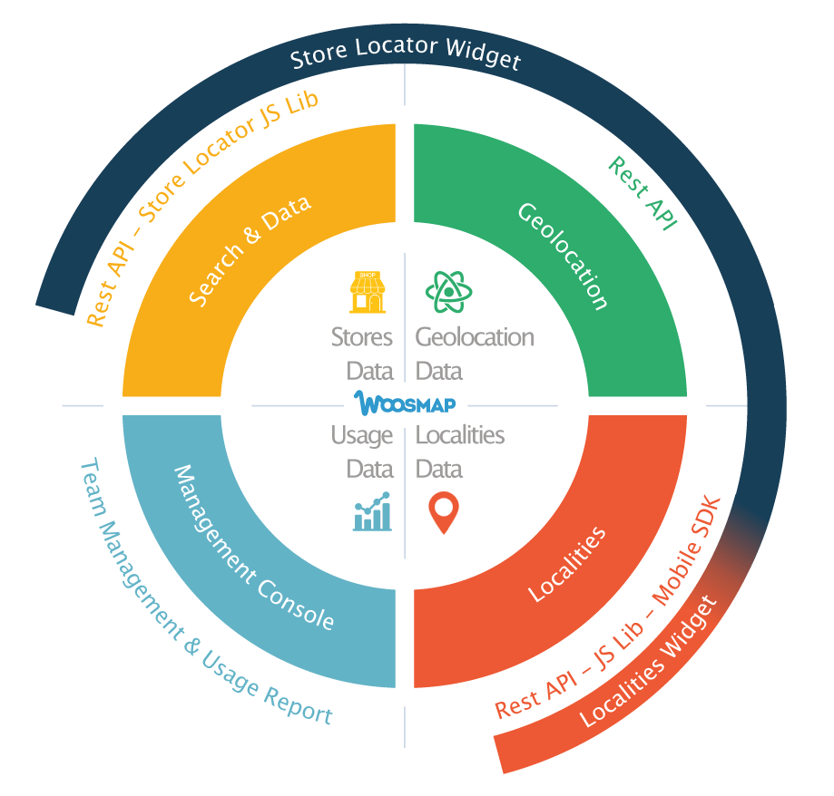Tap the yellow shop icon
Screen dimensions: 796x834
click(368, 292)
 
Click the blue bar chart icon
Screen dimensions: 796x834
click(372, 512)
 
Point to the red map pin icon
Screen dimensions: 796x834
click(442, 513)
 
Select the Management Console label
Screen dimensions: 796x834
click(253, 548)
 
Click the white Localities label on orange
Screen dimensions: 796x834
click(567, 563)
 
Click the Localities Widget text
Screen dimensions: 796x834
click(647, 662)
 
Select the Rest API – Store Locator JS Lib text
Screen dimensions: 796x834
click(201, 205)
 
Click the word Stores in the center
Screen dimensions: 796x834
click(362, 337)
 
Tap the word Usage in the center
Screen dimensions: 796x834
click(362, 435)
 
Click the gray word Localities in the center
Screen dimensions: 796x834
click(459, 435)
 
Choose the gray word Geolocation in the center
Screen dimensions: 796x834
click(475, 337)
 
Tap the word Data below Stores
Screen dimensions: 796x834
click(370, 371)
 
